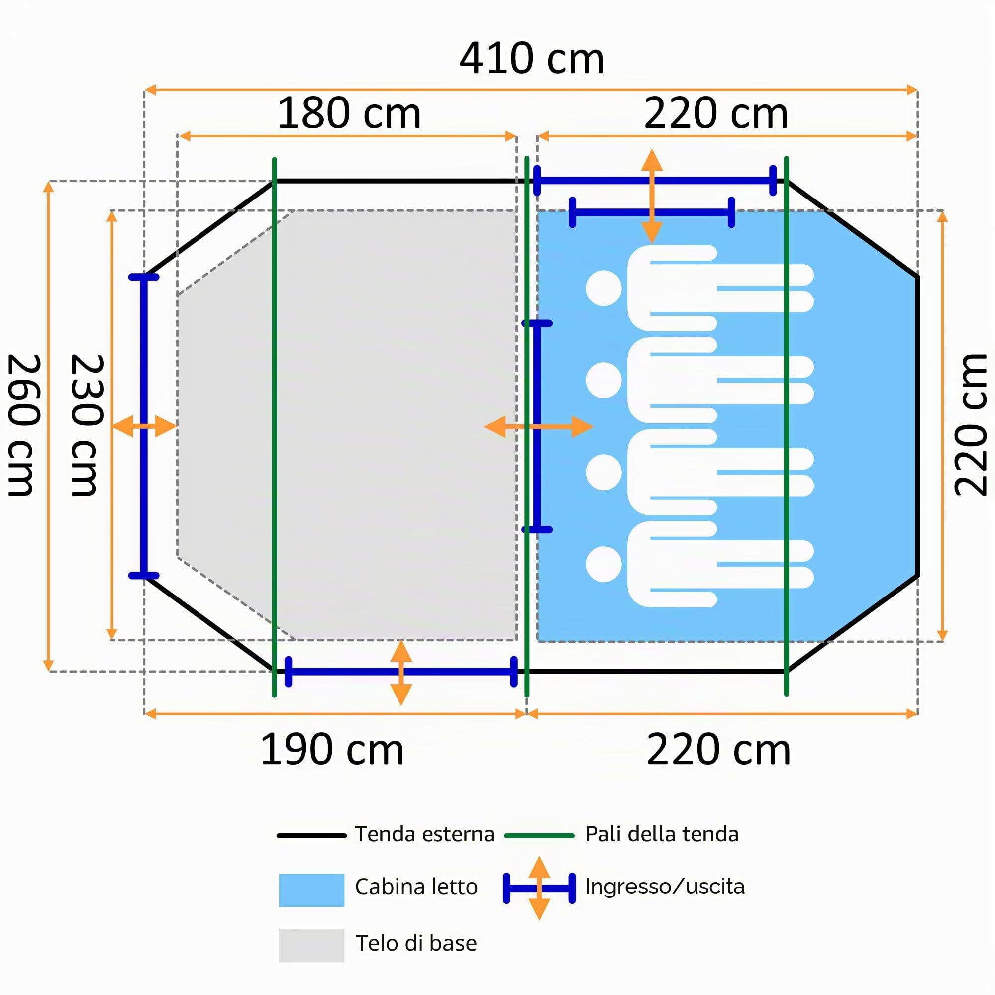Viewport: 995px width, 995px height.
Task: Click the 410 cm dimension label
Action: (x=531, y=59)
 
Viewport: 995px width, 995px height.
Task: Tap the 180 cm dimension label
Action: (x=349, y=114)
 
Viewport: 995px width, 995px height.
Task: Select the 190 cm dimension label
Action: (x=332, y=750)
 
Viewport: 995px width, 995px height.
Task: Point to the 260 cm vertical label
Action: (x=23, y=425)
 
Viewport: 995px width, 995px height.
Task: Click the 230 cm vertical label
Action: (x=87, y=425)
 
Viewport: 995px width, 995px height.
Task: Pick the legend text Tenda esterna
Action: (x=425, y=834)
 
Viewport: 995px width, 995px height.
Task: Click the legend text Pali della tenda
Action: (x=662, y=834)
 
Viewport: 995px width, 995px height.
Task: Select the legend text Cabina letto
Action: (x=416, y=887)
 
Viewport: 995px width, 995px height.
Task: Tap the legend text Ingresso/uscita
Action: (x=665, y=887)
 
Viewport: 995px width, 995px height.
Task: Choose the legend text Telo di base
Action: (x=416, y=943)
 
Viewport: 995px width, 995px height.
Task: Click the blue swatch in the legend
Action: (x=311, y=890)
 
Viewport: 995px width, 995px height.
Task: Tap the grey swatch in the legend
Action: (x=311, y=945)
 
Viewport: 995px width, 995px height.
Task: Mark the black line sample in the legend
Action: (x=311, y=835)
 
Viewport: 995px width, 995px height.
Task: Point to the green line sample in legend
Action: (x=539, y=835)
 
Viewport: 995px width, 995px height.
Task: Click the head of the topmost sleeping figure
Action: (x=603, y=289)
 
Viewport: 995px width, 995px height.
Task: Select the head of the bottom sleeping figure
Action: (x=603, y=564)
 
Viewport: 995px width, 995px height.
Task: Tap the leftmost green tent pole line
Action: (x=275, y=427)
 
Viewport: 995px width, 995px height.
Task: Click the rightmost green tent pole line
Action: (x=787, y=426)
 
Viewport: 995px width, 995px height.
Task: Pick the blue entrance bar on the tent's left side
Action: (x=144, y=426)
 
